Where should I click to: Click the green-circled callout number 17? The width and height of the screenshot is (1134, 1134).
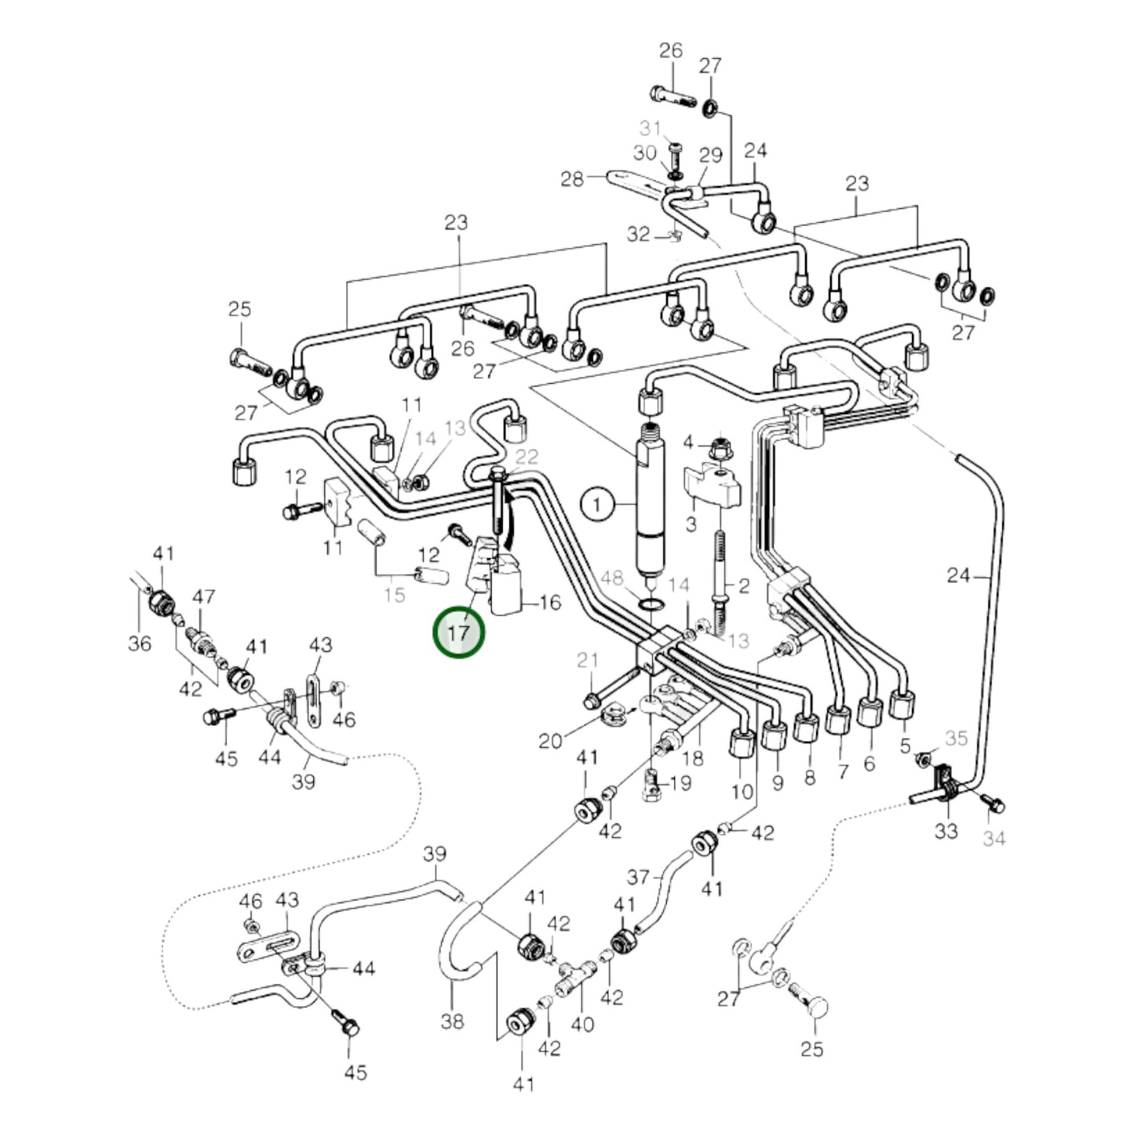coord(459,632)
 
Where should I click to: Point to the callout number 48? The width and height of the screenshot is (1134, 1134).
coord(611,579)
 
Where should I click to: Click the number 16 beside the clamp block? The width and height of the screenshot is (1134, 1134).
coord(551,602)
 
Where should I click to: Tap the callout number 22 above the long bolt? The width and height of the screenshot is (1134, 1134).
coord(527,457)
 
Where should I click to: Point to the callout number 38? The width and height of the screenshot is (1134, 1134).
coord(453,1021)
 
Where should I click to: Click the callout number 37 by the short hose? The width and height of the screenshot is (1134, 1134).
coord(638,876)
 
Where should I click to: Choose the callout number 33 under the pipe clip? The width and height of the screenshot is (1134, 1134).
coord(946,830)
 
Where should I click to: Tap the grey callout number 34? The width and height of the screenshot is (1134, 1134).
coord(994,839)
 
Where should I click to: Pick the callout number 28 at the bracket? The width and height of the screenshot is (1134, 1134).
coord(572,179)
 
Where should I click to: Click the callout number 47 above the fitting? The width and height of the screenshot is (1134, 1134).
coord(203,597)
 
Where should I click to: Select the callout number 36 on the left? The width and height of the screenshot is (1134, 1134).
coord(140,644)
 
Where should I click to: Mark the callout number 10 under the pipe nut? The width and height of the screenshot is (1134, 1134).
coord(742,791)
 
